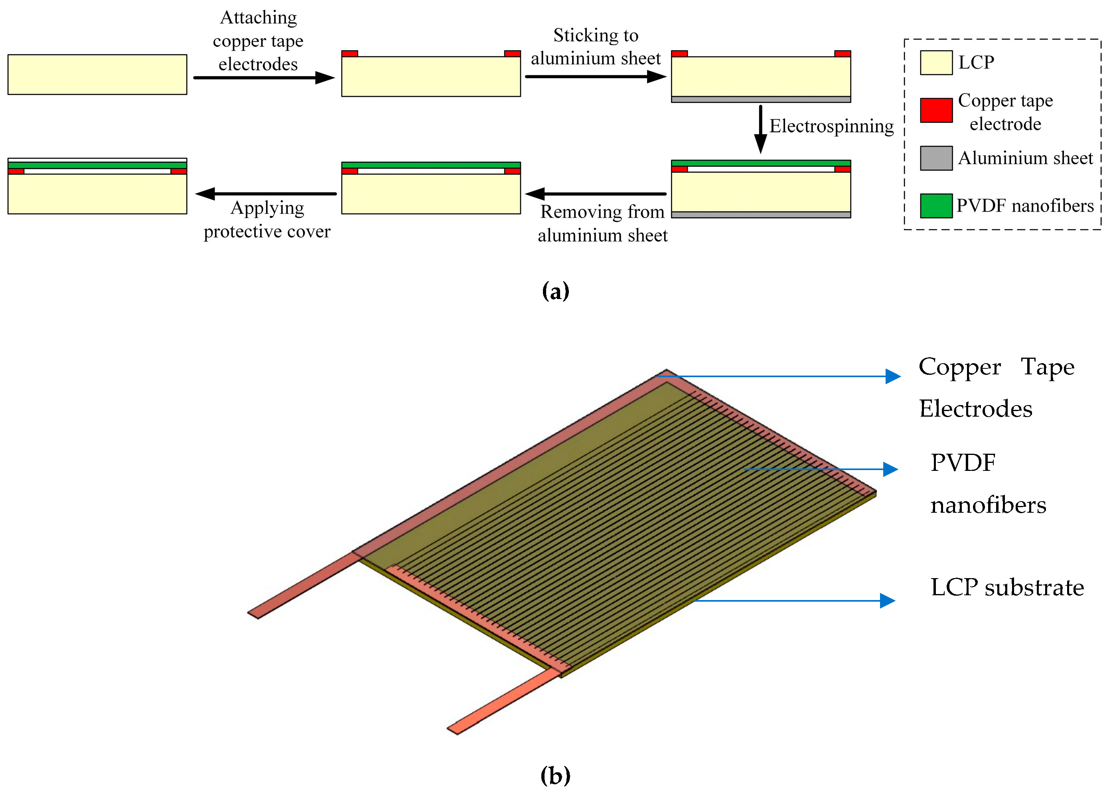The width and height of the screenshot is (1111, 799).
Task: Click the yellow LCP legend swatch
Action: point(935,63)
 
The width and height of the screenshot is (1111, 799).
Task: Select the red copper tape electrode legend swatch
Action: point(935,110)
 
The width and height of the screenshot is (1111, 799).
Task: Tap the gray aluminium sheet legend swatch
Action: point(935,158)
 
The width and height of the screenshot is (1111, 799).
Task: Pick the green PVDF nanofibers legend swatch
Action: point(935,206)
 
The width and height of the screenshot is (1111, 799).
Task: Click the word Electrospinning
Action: point(831,126)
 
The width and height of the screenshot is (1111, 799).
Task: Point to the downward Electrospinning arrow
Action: point(760,130)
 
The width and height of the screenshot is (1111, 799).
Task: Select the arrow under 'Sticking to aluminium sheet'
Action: point(595,77)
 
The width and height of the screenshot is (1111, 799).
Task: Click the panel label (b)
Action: point(555,775)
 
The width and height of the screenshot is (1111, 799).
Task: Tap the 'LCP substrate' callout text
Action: point(1006,588)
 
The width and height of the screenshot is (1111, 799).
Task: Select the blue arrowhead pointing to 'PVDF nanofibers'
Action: point(890,469)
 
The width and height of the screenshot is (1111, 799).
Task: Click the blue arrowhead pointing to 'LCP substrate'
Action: point(887,601)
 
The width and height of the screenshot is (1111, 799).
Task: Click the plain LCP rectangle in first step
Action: point(97,75)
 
